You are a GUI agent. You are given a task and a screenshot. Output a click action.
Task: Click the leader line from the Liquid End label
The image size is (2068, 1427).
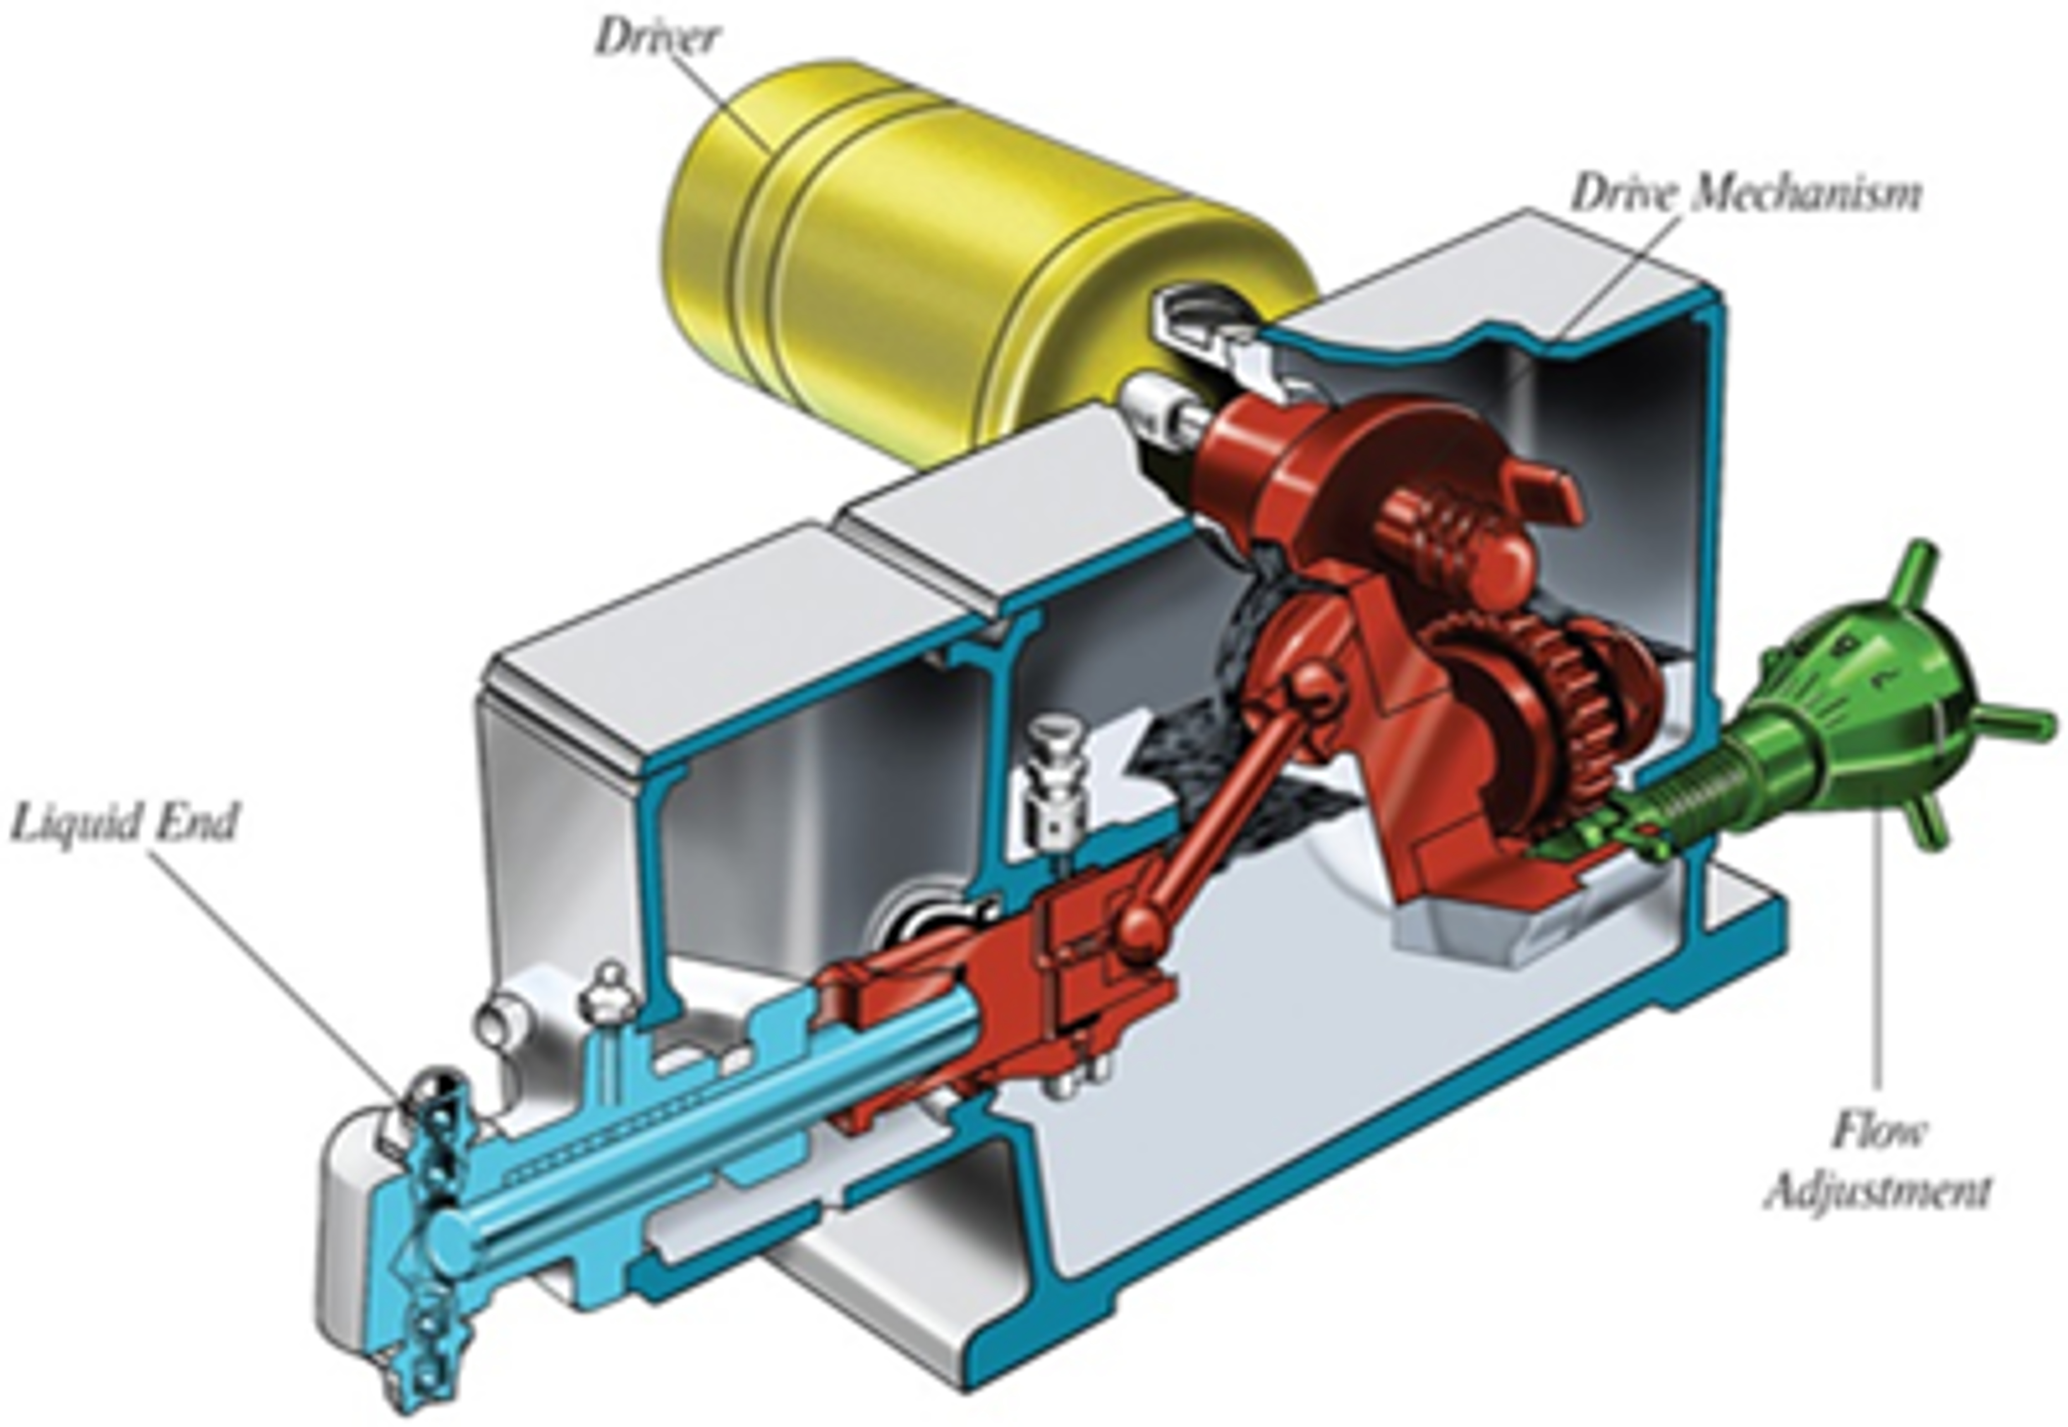[277, 974]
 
